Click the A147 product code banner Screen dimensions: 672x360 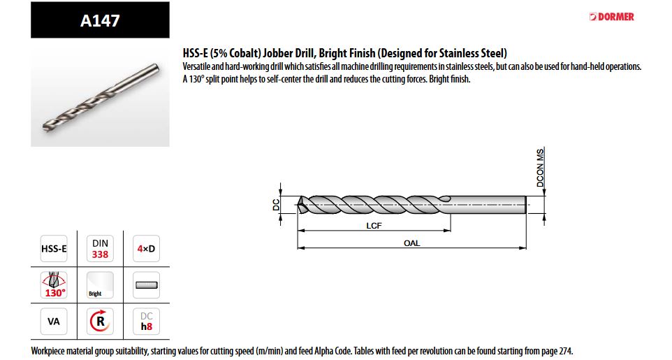(100, 20)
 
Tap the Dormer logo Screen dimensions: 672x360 (611, 17)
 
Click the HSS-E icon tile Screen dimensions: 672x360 (54, 248)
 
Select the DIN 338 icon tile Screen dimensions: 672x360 (100, 248)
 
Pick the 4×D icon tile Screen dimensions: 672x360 (146, 248)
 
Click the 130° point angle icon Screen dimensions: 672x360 (54, 285)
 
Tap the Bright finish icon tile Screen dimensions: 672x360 (100, 285)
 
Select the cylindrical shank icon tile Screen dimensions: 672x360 (146, 285)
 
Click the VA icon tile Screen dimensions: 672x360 (54, 322)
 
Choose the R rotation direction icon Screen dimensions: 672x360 (100, 322)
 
